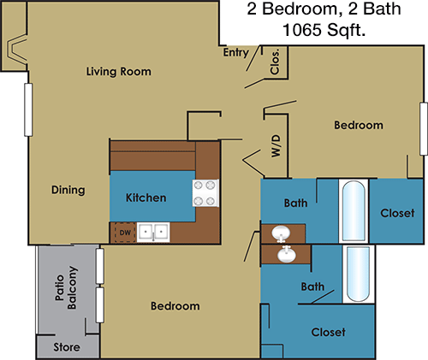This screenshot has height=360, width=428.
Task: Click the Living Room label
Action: click(119, 72)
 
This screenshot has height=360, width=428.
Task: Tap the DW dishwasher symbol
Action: click(125, 233)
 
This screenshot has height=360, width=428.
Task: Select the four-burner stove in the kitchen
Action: click(205, 193)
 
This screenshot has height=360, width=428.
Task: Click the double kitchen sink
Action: click(153, 233)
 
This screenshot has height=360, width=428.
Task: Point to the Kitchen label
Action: click(146, 198)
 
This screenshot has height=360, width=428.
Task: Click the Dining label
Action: click(68, 190)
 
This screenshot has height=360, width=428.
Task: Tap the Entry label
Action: click(236, 53)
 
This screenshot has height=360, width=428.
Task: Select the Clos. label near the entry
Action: click(275, 62)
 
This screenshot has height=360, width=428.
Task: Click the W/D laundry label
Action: click(276, 146)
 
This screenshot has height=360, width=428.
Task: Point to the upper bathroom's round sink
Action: click(281, 233)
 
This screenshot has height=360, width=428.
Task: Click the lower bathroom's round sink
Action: click(287, 254)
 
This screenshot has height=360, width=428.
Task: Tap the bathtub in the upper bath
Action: click(354, 211)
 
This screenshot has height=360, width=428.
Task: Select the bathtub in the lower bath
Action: click(358, 274)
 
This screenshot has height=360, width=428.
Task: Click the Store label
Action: click(67, 347)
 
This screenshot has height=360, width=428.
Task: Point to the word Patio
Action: click(60, 288)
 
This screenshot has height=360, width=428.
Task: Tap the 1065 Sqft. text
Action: click(324, 29)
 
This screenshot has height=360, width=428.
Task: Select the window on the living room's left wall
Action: click(28, 109)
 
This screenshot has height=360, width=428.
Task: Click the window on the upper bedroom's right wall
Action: click(424, 129)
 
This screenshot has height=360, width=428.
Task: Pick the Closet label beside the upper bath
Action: click(397, 213)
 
